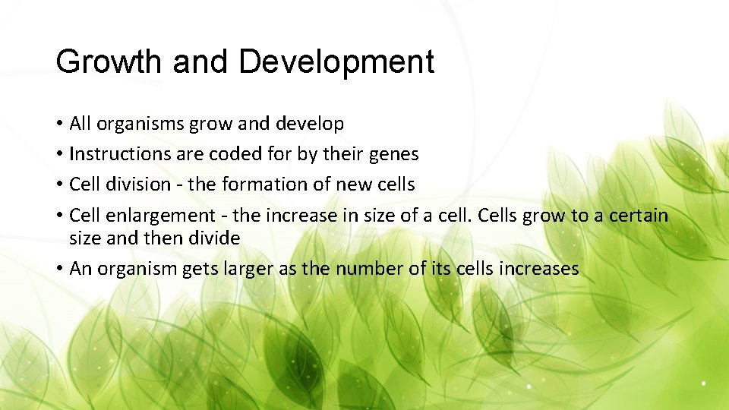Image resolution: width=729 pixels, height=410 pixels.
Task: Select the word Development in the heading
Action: pos(336,61)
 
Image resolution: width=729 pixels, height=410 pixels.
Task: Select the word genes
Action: pos(393,154)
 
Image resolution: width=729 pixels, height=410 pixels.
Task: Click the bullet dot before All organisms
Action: pos(58,124)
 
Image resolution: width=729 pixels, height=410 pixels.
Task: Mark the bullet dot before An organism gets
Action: pos(58,270)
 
